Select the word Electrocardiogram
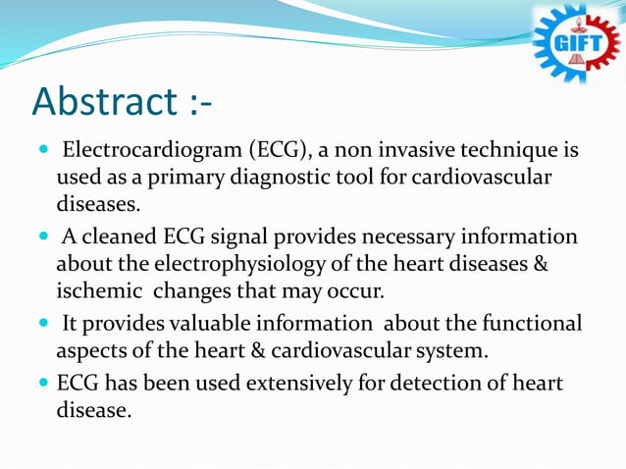click(151, 152)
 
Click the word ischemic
click(93, 292)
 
